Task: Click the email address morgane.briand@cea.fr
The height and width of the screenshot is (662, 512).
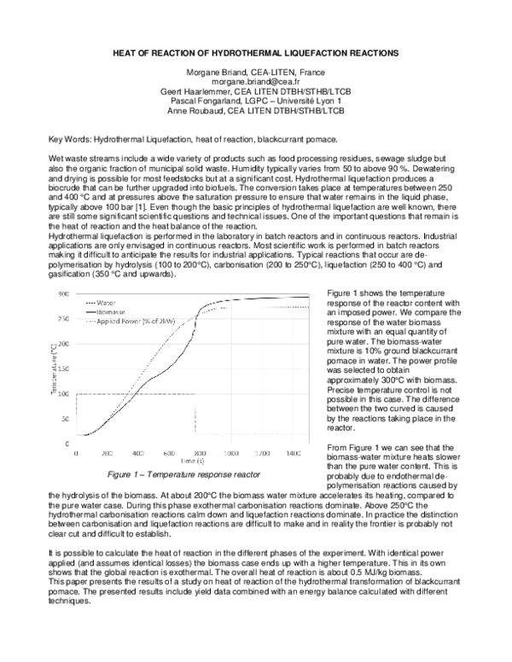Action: (x=256, y=82)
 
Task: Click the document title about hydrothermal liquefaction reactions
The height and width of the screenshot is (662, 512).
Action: (x=256, y=53)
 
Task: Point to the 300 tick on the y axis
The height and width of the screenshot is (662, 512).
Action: (x=63, y=293)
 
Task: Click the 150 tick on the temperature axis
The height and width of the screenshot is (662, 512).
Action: (x=63, y=369)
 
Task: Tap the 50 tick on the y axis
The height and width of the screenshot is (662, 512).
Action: (x=65, y=420)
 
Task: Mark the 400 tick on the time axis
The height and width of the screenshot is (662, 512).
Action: (x=138, y=454)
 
